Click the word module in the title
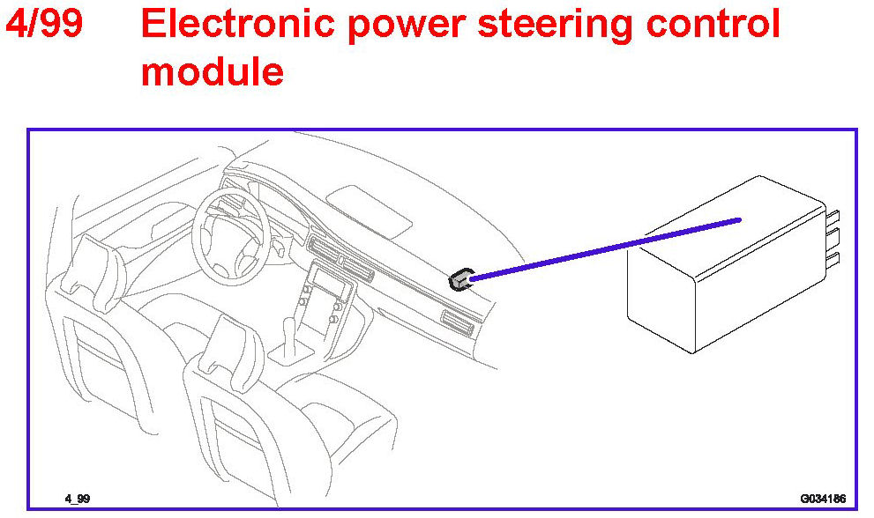pos(212,70)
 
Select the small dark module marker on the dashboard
pos(459,280)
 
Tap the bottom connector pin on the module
pos(833,257)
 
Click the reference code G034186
pos(822,499)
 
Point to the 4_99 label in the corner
pos(77,499)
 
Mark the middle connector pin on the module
pos(833,237)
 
